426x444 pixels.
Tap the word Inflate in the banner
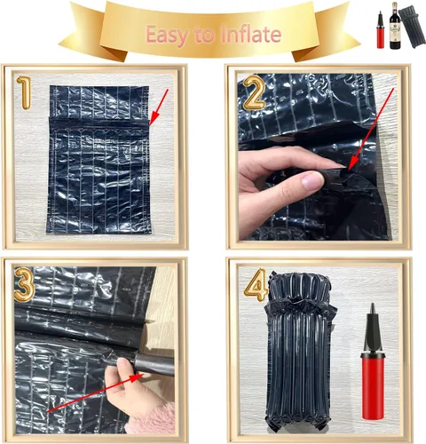[251, 36]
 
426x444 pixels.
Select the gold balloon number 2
[254, 91]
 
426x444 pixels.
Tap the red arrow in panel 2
[367, 133]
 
